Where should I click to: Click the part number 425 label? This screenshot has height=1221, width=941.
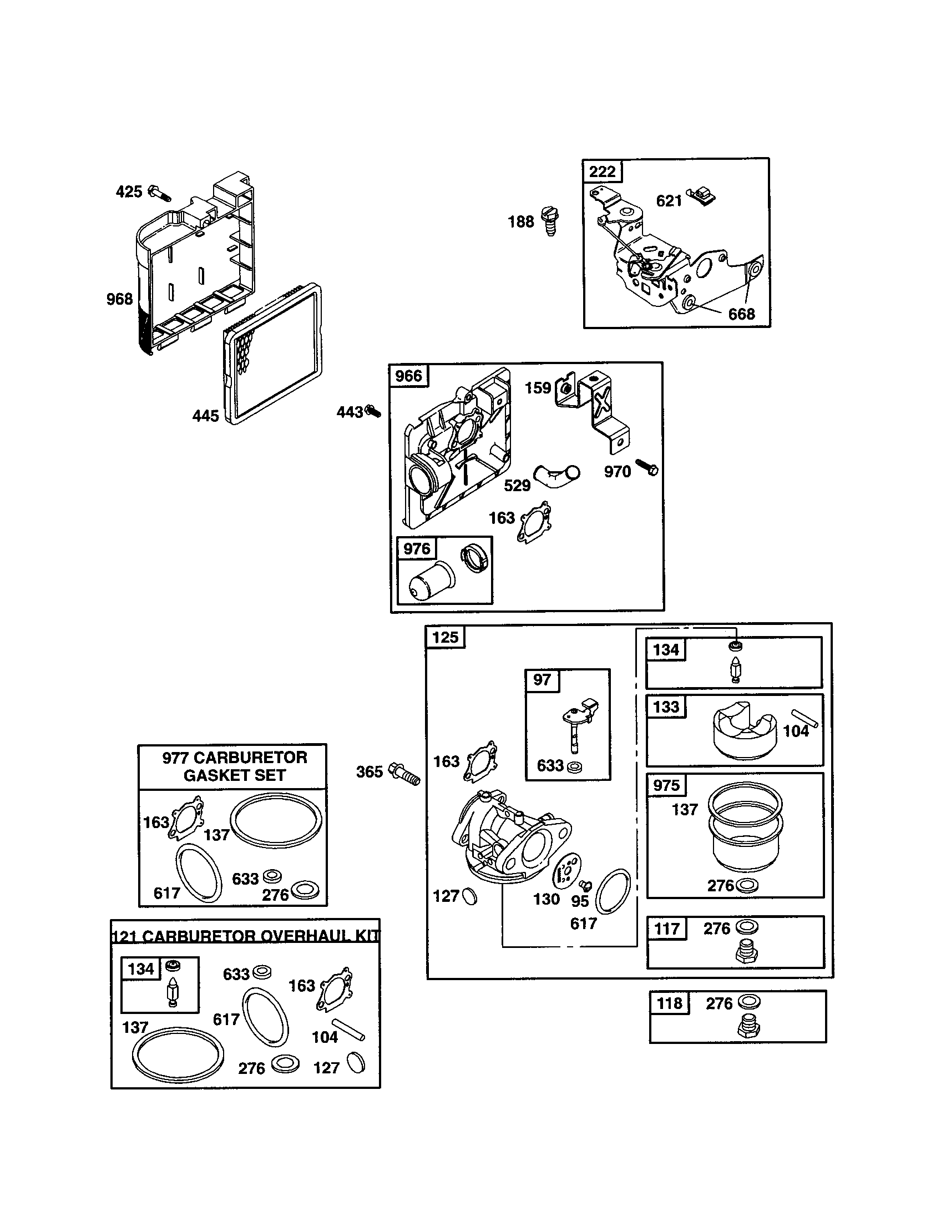click(x=129, y=192)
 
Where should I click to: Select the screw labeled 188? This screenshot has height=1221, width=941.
click(x=550, y=221)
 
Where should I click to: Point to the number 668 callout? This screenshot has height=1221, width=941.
click(x=741, y=314)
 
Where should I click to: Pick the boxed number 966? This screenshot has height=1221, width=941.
click(x=408, y=375)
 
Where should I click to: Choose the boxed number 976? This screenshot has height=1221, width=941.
click(x=417, y=548)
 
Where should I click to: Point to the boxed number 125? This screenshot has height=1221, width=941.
click(x=446, y=637)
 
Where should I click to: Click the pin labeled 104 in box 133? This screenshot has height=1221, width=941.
click(x=805, y=719)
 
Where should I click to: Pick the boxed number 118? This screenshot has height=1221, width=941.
click(x=670, y=1003)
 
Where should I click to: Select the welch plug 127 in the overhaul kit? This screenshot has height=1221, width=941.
click(x=356, y=1062)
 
